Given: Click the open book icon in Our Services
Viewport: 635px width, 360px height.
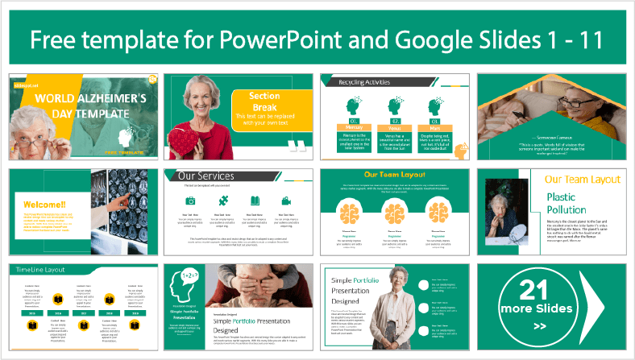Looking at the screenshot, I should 255,201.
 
